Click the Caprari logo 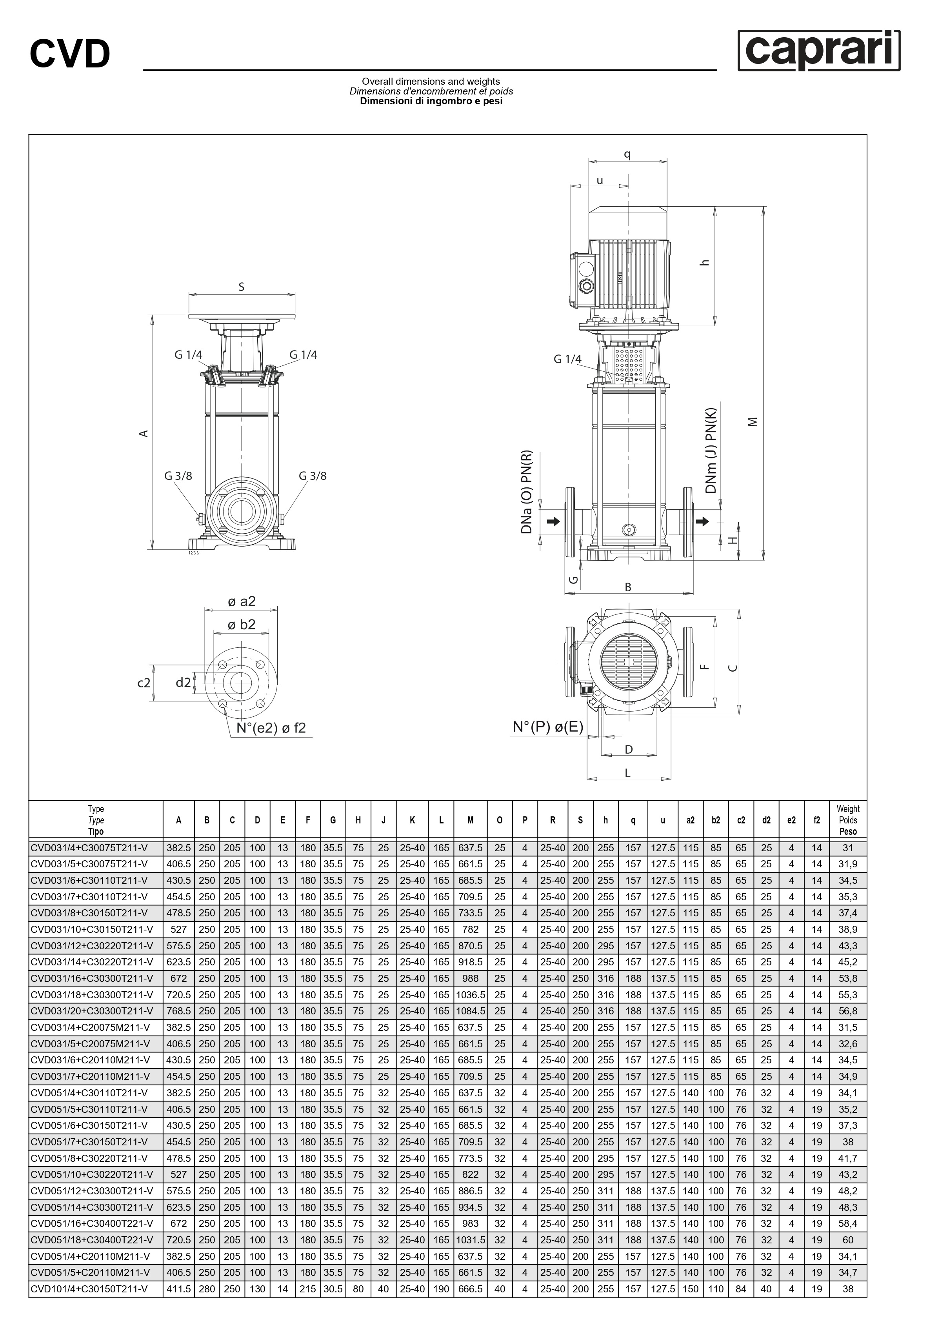(x=819, y=51)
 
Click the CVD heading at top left (x=70, y=54)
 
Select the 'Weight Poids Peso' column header (x=848, y=820)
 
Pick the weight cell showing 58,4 (x=848, y=1224)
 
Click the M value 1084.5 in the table (x=470, y=1011)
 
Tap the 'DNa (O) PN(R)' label (x=527, y=492)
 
